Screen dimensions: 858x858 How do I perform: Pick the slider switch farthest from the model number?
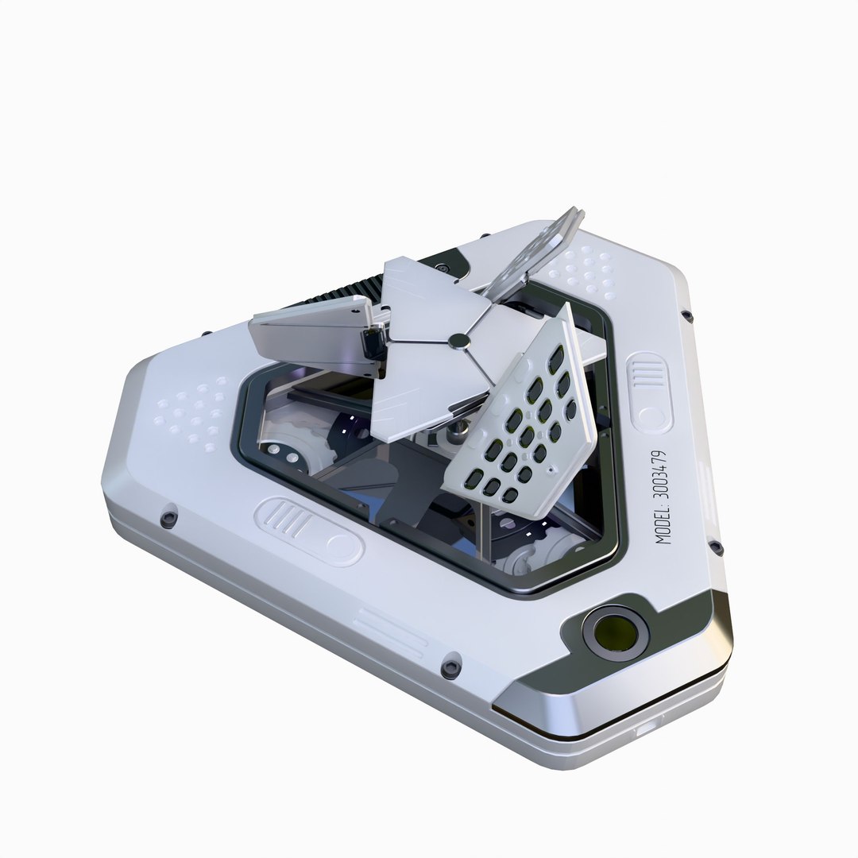(x=309, y=531)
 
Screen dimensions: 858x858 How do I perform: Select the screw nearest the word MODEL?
(x=715, y=547)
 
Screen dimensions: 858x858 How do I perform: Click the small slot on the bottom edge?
(x=647, y=725)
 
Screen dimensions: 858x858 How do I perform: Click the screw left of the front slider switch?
(x=168, y=518)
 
